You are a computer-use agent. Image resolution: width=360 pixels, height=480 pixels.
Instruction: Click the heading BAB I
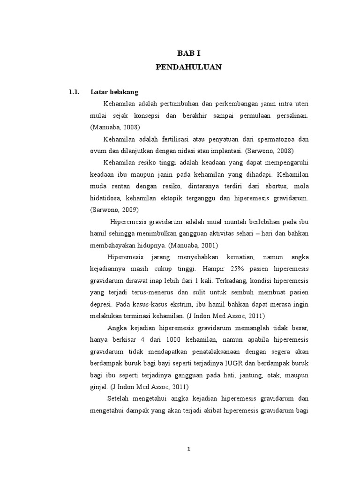[x=188, y=54]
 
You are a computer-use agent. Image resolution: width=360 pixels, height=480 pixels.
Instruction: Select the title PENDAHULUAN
[x=188, y=67]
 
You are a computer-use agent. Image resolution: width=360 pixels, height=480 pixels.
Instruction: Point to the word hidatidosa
[x=106, y=198]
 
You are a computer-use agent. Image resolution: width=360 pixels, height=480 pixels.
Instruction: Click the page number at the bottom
[x=188, y=449]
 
